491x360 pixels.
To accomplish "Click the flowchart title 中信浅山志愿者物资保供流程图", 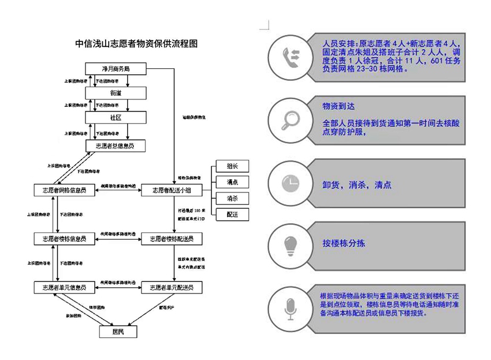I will click(x=137, y=43).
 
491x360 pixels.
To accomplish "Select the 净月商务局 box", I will click(x=115, y=69).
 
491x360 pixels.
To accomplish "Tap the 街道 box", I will click(x=115, y=93).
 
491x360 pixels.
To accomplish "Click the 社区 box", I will click(x=115, y=117).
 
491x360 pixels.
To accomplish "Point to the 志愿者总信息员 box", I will click(x=115, y=146).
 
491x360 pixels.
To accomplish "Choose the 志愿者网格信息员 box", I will click(x=64, y=190).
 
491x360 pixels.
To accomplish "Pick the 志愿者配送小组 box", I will click(x=171, y=190).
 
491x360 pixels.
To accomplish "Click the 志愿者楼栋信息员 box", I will click(x=64, y=239).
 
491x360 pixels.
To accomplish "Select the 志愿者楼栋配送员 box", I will click(x=171, y=239).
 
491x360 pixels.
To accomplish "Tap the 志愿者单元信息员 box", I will click(x=64, y=287).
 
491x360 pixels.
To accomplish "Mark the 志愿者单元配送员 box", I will click(x=171, y=287).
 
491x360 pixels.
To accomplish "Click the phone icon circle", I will click(x=290, y=55).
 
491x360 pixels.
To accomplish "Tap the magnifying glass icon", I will click(x=290, y=119).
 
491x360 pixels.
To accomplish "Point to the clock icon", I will click(x=290, y=183).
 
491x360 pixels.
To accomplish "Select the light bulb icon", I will click(x=290, y=245).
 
